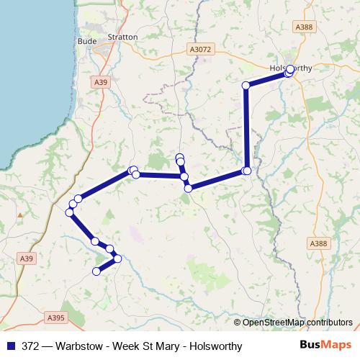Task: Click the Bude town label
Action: pos(86,42)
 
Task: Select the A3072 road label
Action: pos(201,50)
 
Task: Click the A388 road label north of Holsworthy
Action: pos(304,26)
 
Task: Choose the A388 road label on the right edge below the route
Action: pos(319,244)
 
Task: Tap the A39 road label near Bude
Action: pos(102,84)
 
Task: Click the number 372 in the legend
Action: pos(31,346)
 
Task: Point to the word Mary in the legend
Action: pos(168,346)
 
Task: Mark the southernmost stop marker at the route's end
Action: pos(96,271)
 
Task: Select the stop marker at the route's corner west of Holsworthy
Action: pos(246,86)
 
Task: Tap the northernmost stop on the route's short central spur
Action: pos(179,157)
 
